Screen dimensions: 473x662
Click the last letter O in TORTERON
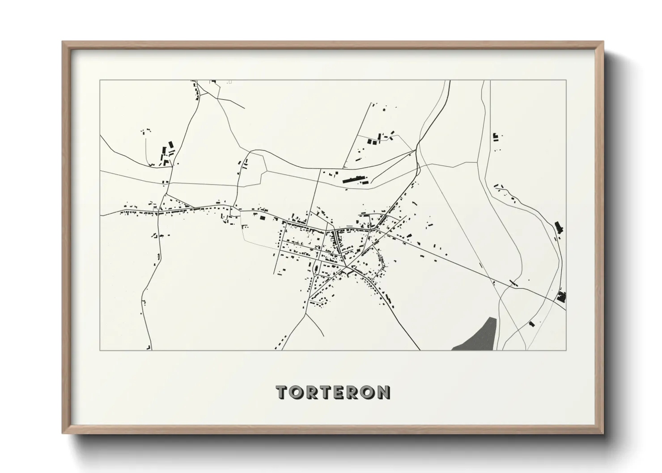pos(369,392)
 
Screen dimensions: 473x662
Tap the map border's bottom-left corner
pos(100,350)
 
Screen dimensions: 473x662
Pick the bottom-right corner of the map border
pos(566,350)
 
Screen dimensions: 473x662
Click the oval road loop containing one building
pos(317,269)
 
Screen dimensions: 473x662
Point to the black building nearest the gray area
pos(531,323)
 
